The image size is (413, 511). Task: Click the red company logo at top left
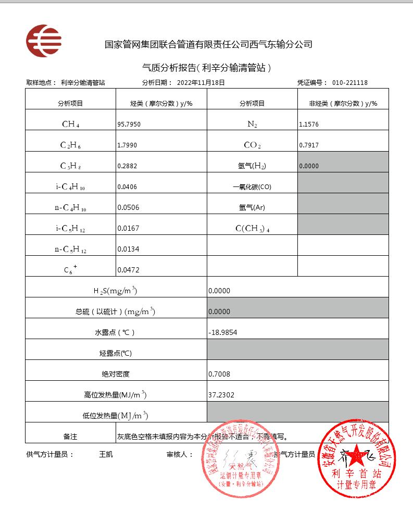coord(44,41)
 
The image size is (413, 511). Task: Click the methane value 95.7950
coord(129,124)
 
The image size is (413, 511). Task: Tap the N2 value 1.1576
coord(309,124)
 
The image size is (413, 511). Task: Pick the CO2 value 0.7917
coord(309,145)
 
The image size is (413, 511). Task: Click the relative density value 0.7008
coord(219,374)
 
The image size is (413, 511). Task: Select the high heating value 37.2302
coord(221,395)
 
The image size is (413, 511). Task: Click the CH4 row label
coord(70,124)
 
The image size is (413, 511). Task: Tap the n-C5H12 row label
coord(70,250)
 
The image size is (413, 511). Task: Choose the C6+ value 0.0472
coord(128,270)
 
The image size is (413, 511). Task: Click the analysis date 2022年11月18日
coord(201,82)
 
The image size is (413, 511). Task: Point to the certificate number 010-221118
coord(350,82)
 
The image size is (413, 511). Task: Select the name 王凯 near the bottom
coord(106,454)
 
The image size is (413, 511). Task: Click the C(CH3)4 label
coord(252,229)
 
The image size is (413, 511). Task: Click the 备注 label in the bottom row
coord(70,437)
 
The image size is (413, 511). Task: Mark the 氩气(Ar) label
coord(252,208)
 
